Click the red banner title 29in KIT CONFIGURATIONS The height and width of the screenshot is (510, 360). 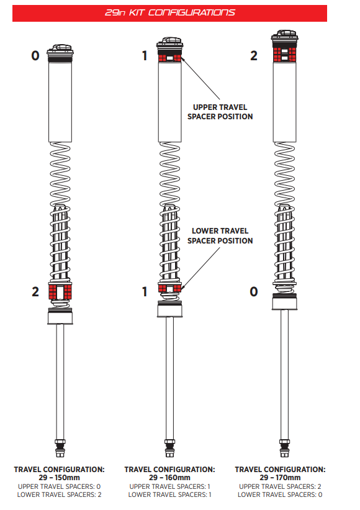tap(169, 12)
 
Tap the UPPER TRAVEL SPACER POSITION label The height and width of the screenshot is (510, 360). tap(220, 112)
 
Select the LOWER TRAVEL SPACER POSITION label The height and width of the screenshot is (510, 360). tap(220, 236)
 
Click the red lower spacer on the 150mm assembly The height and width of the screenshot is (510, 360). tap(60, 291)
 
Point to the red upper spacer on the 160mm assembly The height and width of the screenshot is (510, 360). tap(169, 58)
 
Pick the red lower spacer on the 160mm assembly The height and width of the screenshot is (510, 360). tap(169, 288)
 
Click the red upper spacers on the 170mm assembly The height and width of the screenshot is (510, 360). tap(284, 55)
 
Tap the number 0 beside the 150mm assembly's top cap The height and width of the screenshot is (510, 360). tap(35, 56)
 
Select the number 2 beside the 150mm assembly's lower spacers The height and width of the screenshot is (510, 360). tap(35, 292)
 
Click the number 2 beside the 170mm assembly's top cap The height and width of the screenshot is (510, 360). tap(254, 56)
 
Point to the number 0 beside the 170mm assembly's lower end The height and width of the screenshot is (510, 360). tap(254, 292)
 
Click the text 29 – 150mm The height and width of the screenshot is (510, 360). tap(59, 478)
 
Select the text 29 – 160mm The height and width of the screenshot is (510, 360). tap(169, 478)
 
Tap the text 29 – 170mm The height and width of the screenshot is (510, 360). tap(280, 478)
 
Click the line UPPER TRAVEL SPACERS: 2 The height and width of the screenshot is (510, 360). tap(280, 486)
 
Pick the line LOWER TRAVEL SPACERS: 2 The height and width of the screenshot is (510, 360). tap(59, 494)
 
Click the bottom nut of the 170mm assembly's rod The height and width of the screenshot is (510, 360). tap(284, 449)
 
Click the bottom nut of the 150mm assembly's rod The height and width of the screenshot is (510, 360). tap(60, 449)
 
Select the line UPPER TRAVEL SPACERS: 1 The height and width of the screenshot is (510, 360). tap(169, 486)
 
